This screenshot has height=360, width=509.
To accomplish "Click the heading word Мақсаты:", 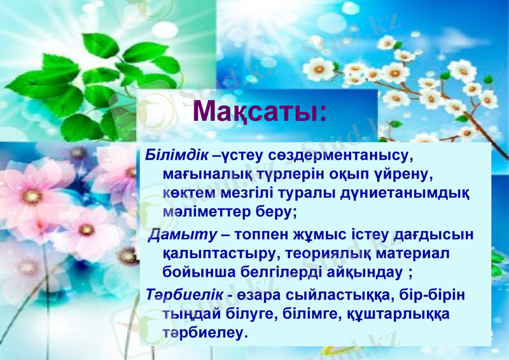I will tap(260, 111).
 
